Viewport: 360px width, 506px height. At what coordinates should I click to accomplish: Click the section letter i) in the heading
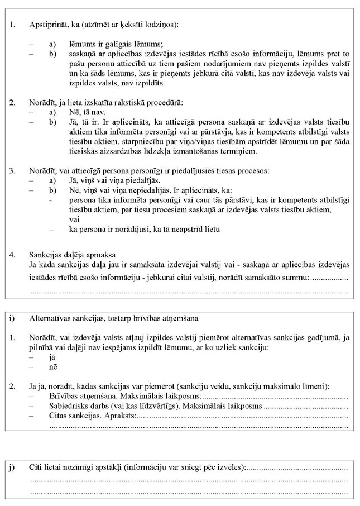pos(12,318)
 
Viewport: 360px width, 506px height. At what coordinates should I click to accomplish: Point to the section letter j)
pos(12,467)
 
